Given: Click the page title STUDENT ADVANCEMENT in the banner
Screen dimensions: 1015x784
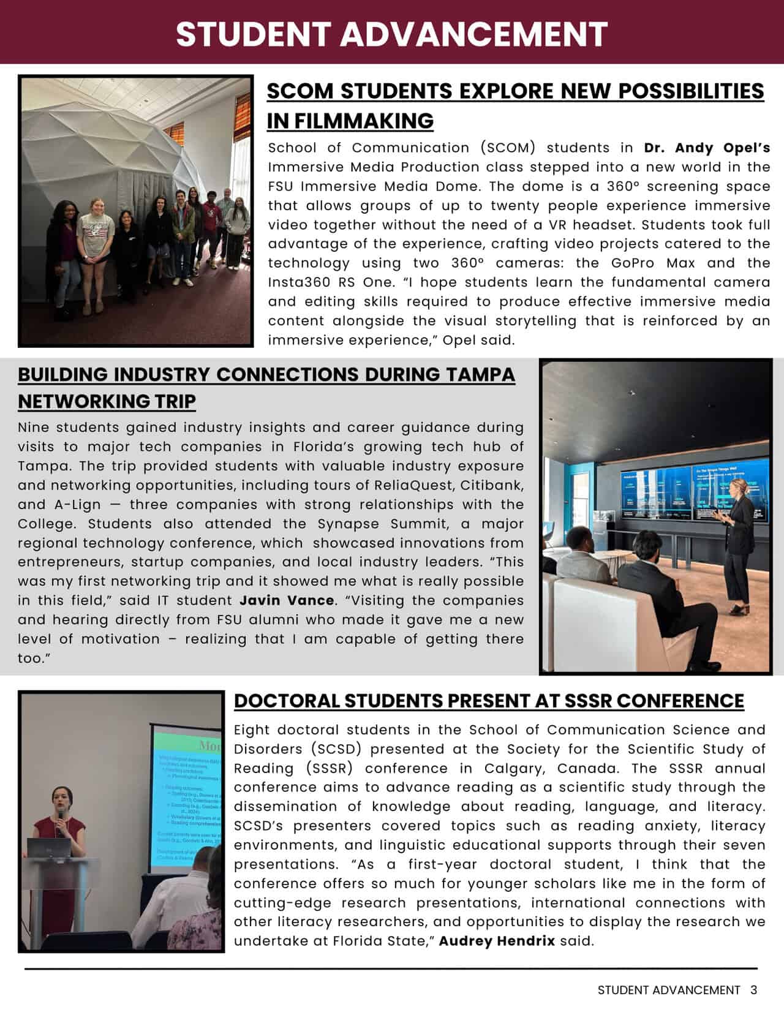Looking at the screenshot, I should click(391, 34).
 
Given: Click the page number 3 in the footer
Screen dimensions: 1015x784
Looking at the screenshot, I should click(753, 990).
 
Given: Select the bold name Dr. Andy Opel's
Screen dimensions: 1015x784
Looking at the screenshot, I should click(707, 148).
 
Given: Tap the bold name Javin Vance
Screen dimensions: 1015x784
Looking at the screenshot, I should click(287, 600).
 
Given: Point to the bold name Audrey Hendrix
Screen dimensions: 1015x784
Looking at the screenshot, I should click(497, 941).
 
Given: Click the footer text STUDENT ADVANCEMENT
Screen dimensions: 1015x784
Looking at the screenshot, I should click(669, 990).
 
